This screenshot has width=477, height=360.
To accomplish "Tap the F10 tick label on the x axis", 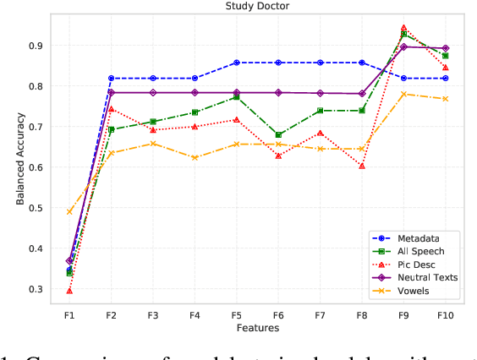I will [445, 314].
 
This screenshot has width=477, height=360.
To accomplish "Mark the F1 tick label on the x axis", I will [69, 314].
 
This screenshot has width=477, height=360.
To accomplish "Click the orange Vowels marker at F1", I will [69, 211].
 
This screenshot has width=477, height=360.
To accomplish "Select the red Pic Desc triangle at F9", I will [403, 28].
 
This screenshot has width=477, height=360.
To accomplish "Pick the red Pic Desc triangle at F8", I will [362, 166].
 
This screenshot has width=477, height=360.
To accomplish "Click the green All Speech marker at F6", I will [278, 134].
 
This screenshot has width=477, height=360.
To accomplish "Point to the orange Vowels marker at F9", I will [403, 94].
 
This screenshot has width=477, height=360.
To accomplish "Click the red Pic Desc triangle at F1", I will [69, 290].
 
